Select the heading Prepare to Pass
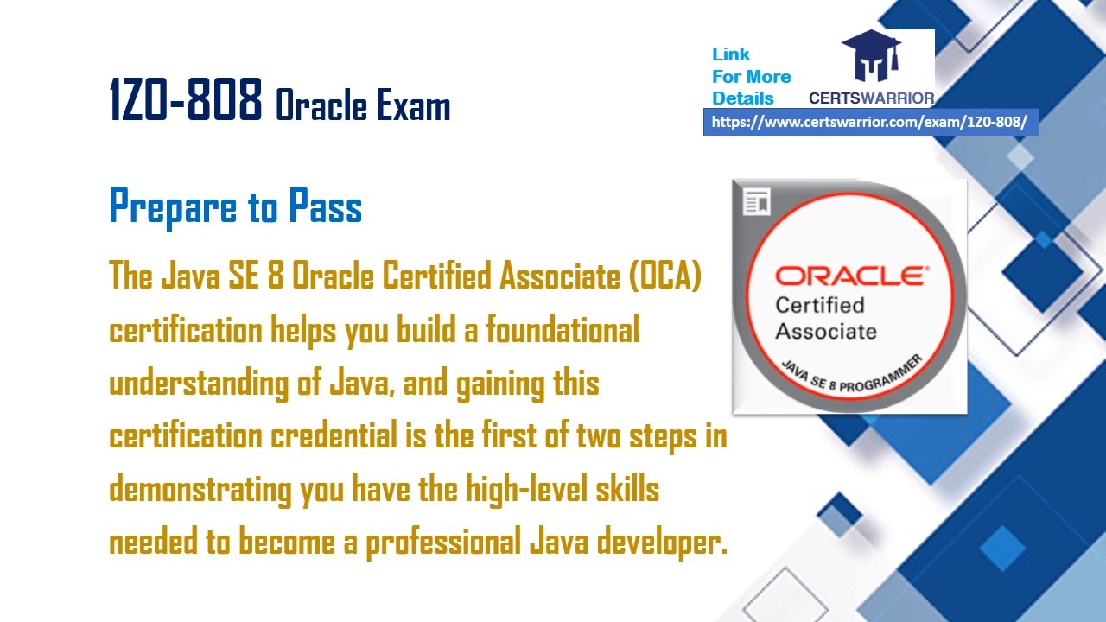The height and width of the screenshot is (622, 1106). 235,206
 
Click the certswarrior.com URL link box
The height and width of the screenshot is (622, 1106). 870,123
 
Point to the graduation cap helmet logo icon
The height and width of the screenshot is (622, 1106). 871,57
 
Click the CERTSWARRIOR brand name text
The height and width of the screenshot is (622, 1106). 871,98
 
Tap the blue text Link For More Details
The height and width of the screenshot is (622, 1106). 750,76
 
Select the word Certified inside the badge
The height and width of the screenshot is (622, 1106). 819,305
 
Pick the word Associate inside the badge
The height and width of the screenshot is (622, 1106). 825,331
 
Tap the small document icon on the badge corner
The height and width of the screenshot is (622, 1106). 757,203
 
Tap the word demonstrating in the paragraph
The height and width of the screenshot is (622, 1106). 200,490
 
